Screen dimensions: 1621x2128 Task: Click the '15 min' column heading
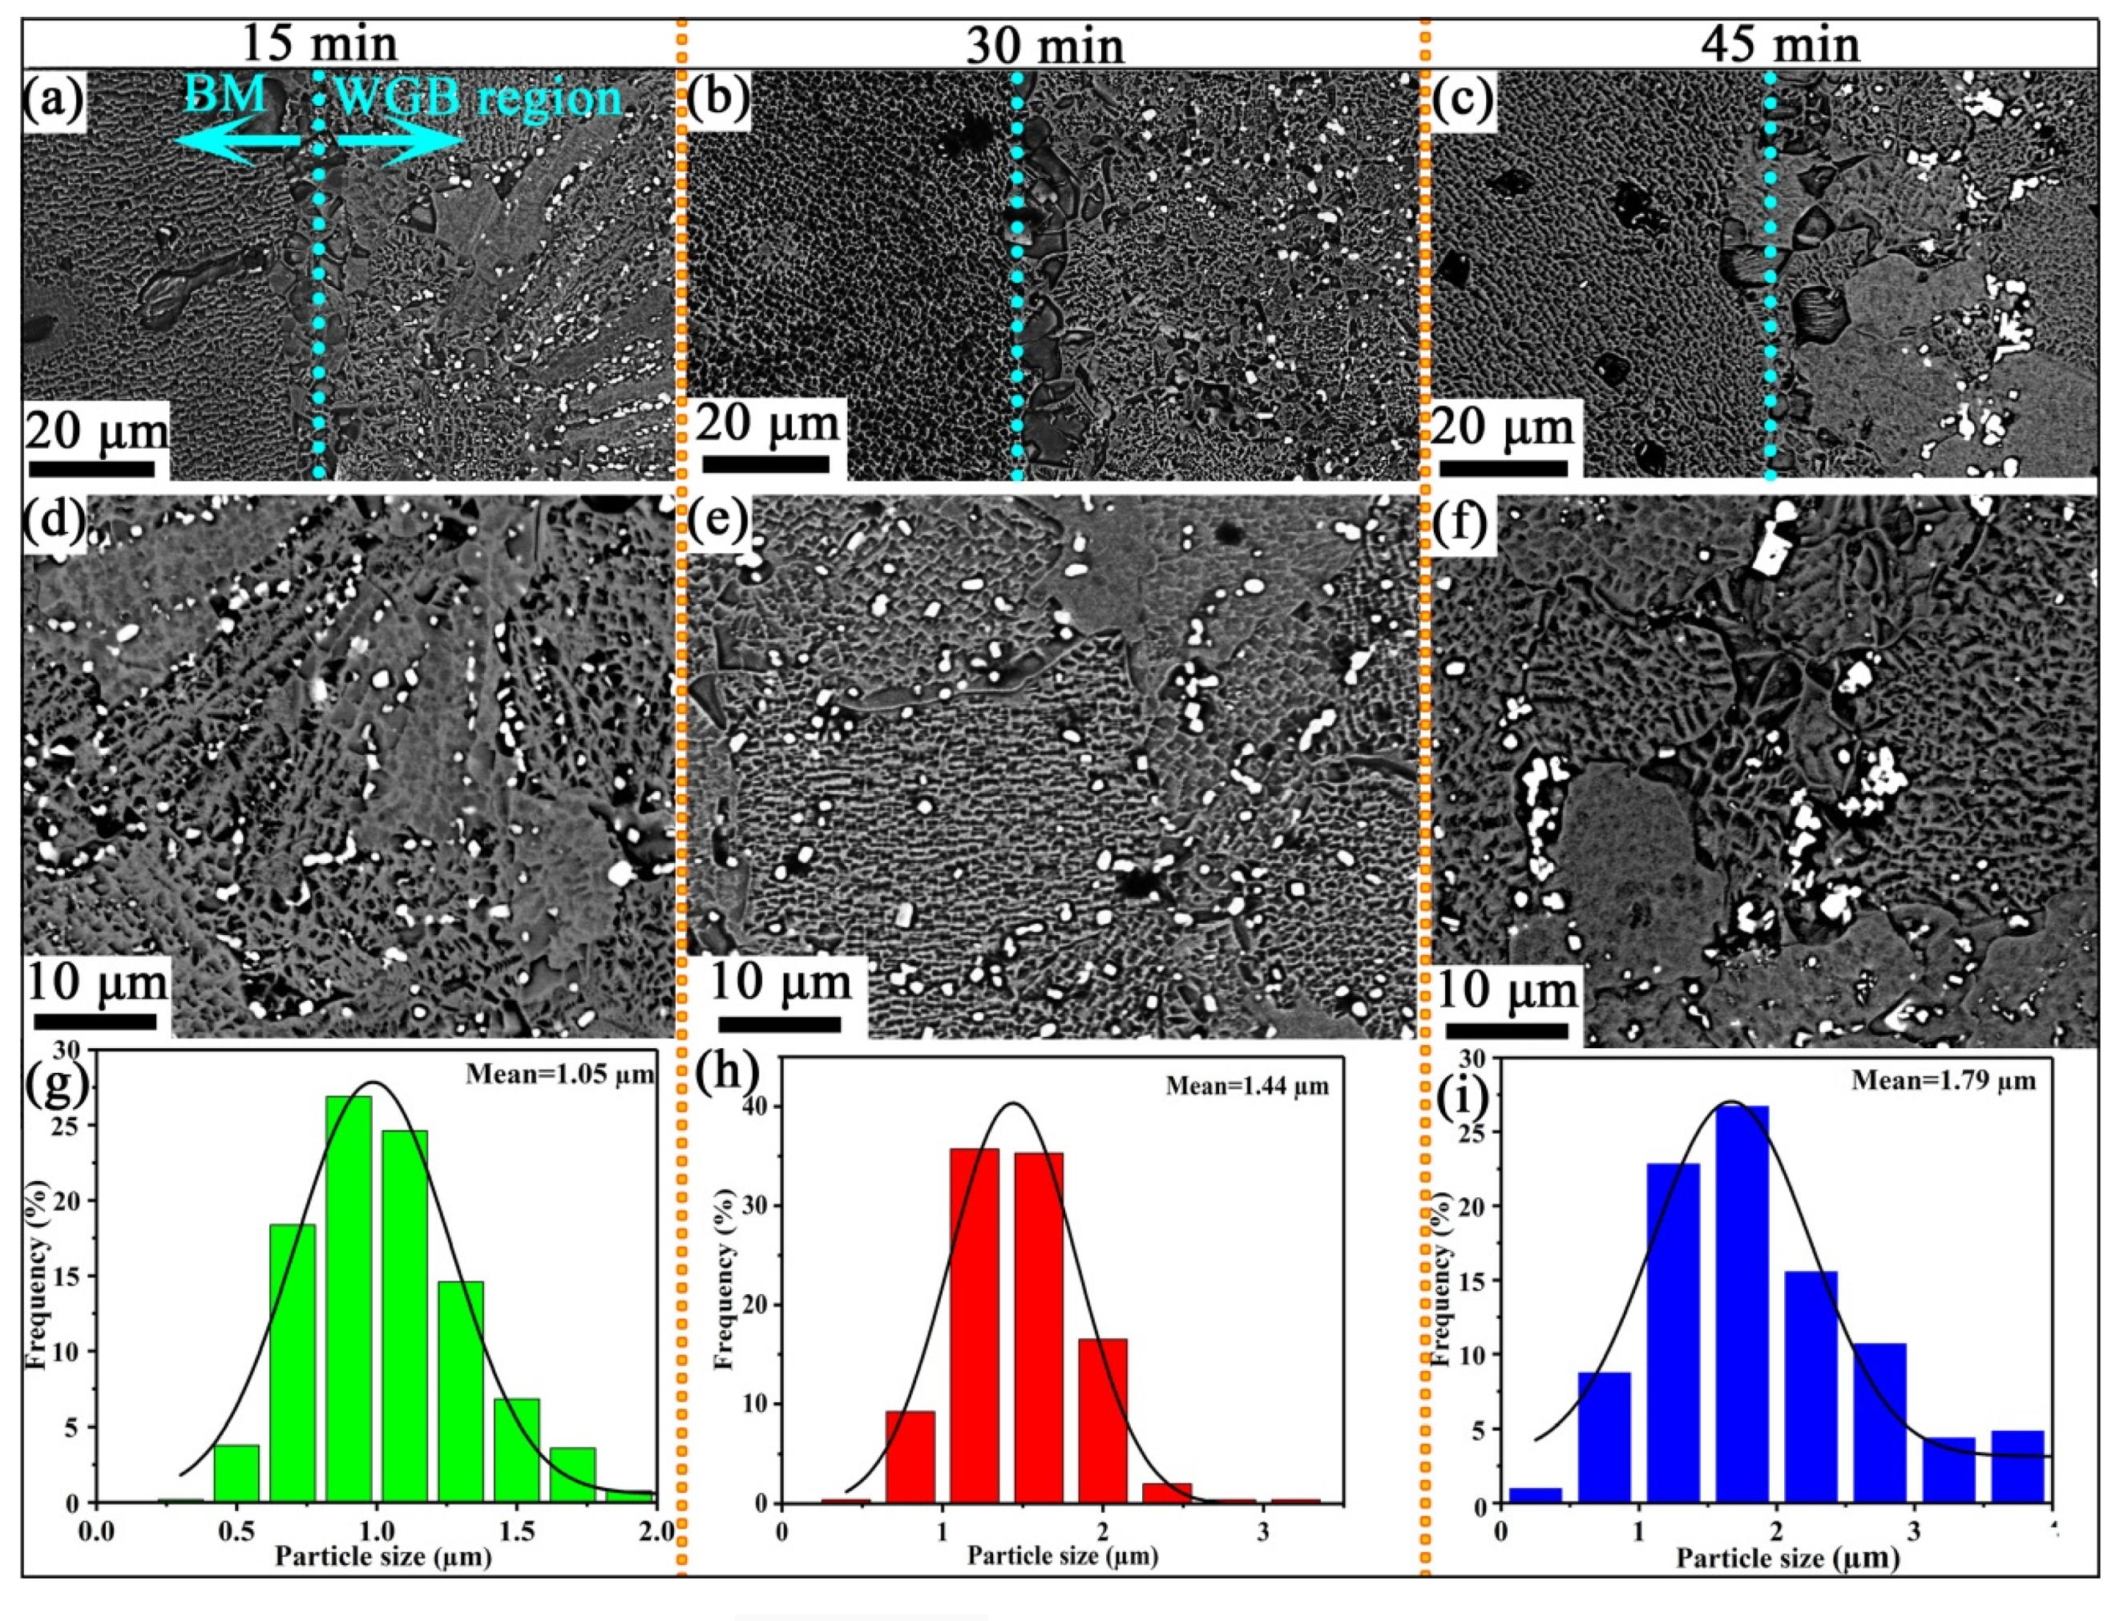(318, 44)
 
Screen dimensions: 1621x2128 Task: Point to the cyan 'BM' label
(225, 96)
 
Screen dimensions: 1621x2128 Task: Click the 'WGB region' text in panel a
(478, 98)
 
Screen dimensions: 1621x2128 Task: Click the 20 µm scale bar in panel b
(765, 464)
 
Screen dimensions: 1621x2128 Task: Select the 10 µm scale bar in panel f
(1504, 1030)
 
